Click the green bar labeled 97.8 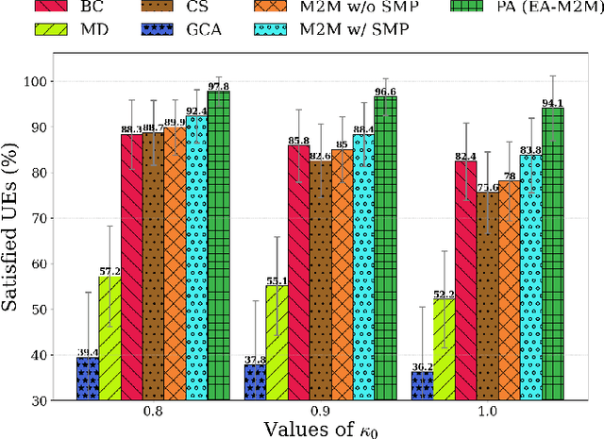[x=218, y=245]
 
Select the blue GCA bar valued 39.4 [x=88, y=378]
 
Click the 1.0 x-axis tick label [x=487, y=412]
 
